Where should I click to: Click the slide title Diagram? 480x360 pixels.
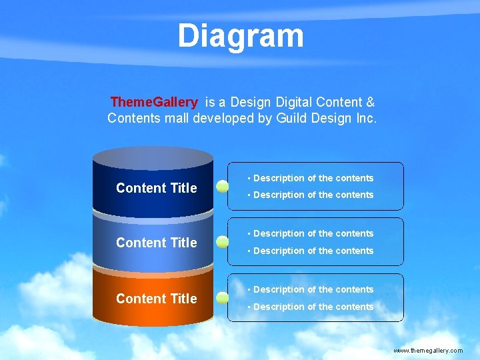240,36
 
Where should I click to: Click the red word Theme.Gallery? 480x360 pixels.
154,102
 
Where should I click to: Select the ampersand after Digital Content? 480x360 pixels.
370,102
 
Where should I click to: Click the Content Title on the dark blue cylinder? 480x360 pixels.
157,188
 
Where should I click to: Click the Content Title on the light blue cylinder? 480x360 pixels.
157,243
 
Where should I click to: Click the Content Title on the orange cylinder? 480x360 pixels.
157,299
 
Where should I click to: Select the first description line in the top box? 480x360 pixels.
311,178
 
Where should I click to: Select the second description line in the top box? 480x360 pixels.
311,195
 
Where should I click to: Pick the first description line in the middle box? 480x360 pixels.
311,233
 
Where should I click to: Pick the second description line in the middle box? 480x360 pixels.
311,251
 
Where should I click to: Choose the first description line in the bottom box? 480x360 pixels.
311,289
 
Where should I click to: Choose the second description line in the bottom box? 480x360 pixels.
311,307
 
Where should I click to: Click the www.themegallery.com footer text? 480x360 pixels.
428,350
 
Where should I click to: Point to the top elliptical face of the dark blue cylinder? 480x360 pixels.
153,157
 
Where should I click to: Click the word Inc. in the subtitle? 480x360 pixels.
365,119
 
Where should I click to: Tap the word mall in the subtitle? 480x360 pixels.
175,119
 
